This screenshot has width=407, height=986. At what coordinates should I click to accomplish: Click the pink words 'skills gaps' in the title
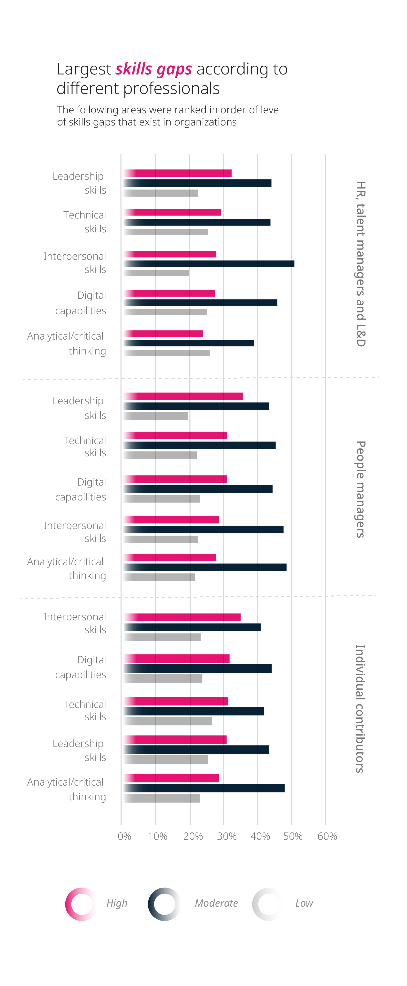tap(153, 69)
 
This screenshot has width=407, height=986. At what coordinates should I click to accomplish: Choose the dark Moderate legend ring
tap(164, 904)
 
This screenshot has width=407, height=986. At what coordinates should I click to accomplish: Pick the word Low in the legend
tap(304, 903)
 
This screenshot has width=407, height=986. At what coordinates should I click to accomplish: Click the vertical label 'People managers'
tap(361, 489)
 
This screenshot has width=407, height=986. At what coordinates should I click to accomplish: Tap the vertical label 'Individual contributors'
tap(360, 708)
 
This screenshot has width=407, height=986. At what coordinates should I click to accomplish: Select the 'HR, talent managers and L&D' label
tap(361, 264)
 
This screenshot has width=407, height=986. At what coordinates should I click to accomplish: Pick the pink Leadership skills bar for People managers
tap(183, 396)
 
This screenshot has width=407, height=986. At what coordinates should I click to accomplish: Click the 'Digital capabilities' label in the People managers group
tap(81, 489)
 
